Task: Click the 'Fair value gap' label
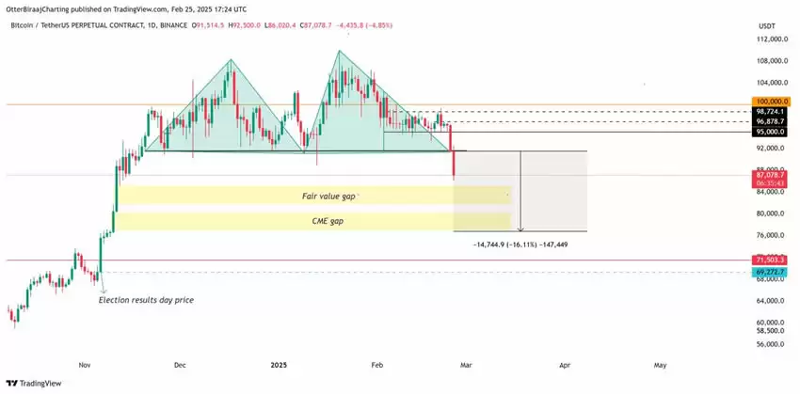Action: point(328,195)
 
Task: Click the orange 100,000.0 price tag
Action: point(769,100)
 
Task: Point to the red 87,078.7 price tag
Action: point(769,175)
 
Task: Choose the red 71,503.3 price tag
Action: point(769,259)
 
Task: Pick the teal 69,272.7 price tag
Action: point(769,271)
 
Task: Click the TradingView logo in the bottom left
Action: point(32,383)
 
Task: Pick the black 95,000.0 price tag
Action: point(769,132)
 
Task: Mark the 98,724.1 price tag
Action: point(769,111)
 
